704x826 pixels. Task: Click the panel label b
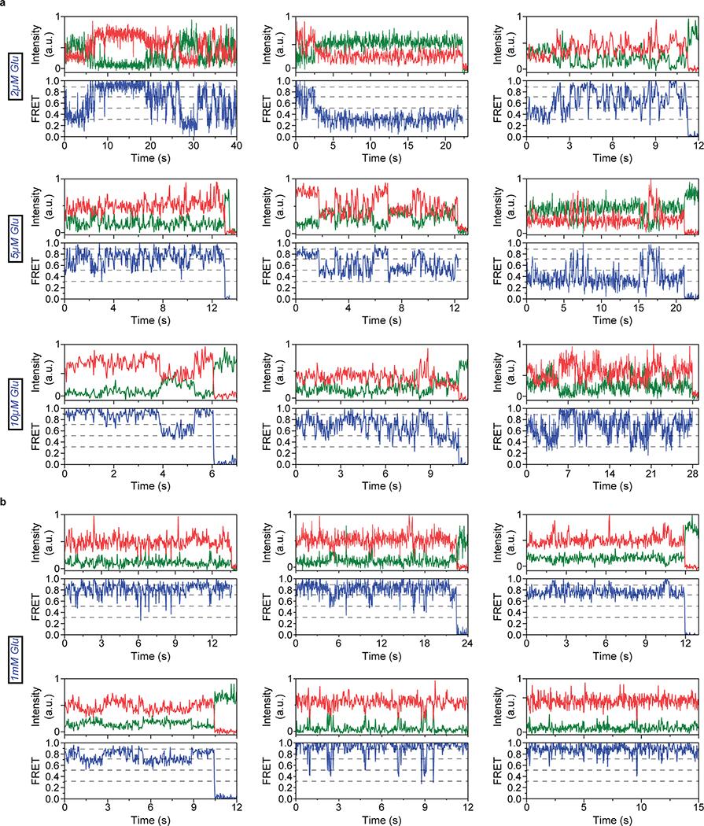4,500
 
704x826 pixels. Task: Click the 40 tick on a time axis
238,146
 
